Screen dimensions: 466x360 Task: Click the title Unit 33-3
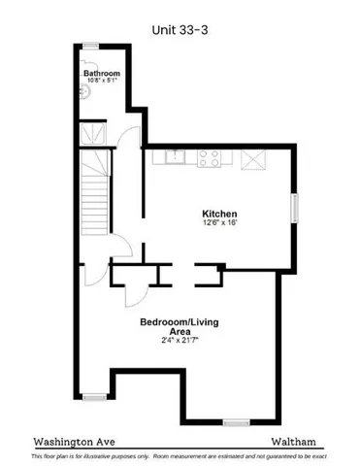click(x=180, y=30)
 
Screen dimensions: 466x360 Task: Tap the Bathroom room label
click(x=101, y=74)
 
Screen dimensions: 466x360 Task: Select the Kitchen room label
click(x=219, y=214)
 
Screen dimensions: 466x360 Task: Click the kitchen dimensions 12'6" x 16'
click(x=219, y=223)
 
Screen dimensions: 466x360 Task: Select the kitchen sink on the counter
click(x=176, y=156)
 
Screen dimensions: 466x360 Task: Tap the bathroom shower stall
click(x=95, y=134)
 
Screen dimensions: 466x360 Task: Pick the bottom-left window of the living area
click(x=93, y=395)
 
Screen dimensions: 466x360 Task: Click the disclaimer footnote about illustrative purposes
click(x=180, y=454)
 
